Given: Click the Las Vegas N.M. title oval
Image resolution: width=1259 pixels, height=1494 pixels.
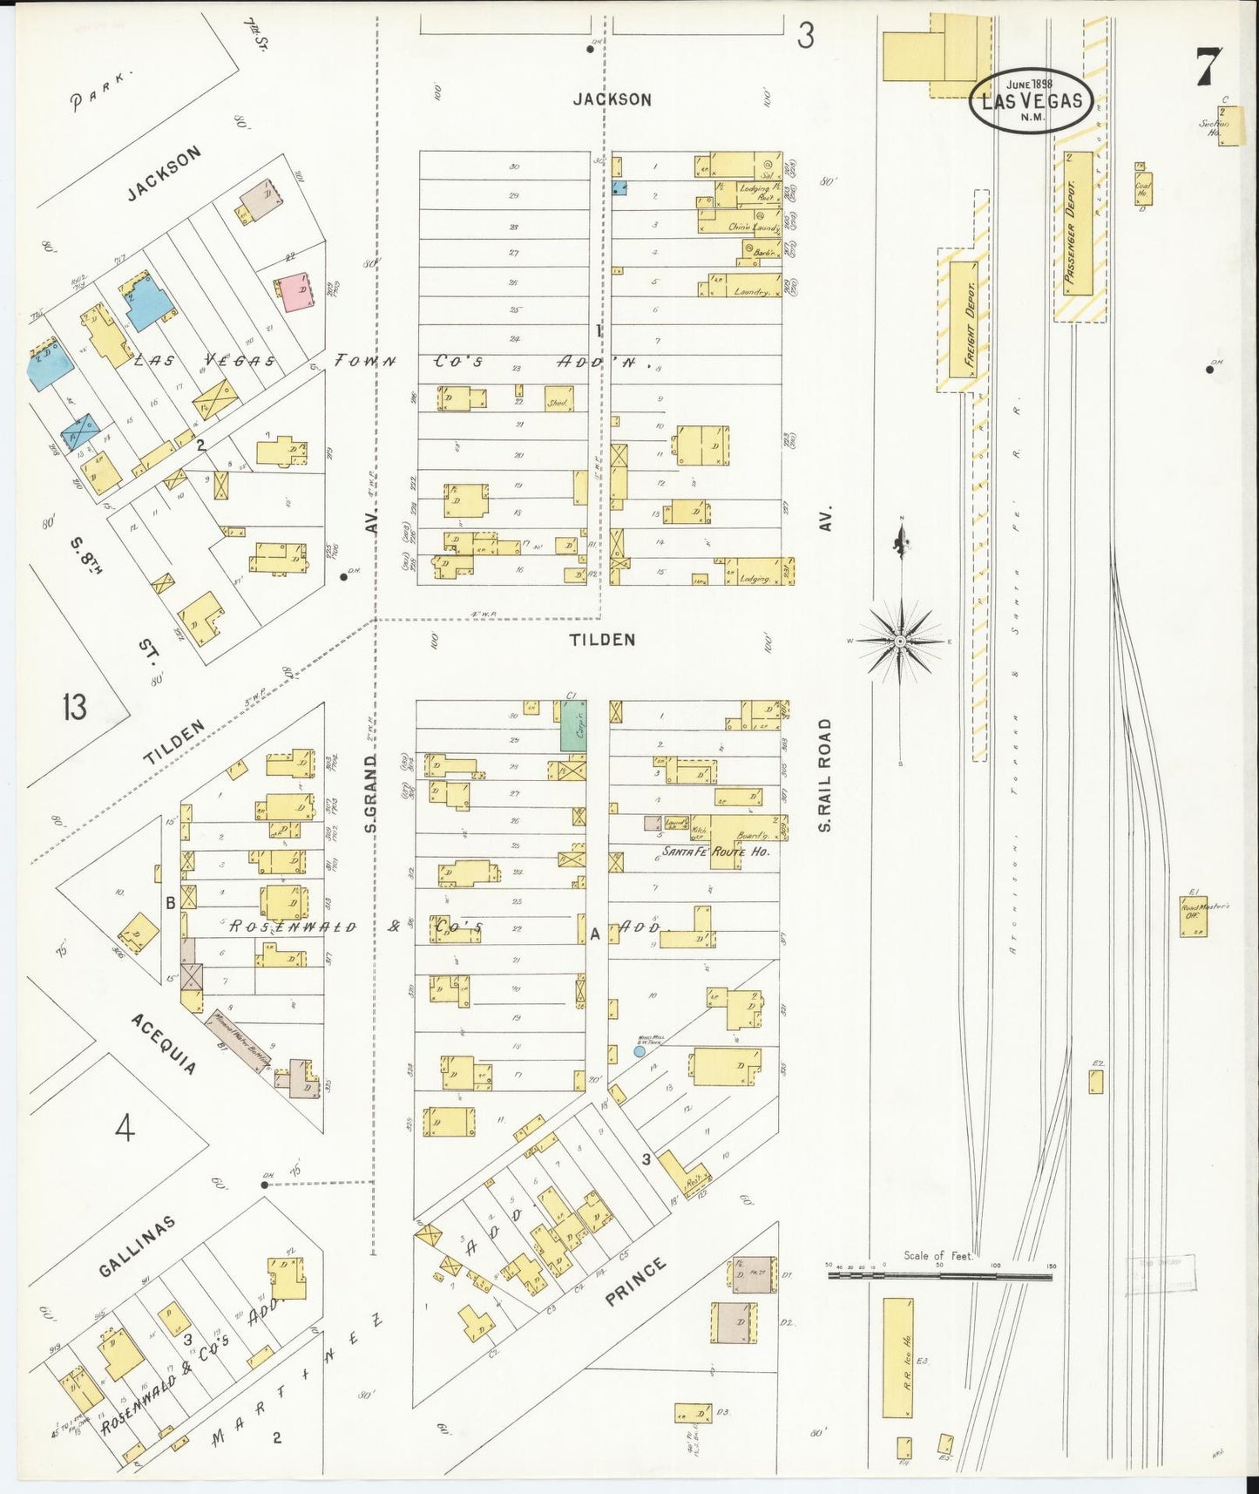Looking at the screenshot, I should click(x=1031, y=100).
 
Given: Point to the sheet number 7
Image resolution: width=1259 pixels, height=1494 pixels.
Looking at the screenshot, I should click(x=1208, y=65).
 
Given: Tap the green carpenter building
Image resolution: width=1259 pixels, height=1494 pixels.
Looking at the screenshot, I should click(x=572, y=725).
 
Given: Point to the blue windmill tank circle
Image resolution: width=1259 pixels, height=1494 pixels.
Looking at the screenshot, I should click(x=640, y=1051).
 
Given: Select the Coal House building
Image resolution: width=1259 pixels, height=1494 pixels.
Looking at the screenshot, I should click(x=1143, y=187).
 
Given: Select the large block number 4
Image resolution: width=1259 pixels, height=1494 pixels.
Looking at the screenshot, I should click(x=125, y=1130).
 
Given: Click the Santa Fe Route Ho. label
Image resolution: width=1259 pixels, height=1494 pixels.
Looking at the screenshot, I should click(x=715, y=851).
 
